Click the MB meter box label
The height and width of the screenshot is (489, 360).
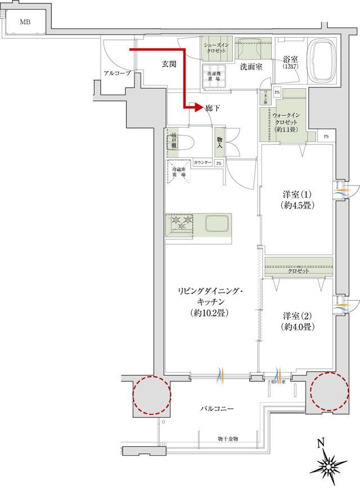25,22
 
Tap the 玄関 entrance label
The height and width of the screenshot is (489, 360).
169,65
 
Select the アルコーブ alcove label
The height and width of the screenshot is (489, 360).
118,74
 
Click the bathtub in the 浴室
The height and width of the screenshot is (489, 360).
322,61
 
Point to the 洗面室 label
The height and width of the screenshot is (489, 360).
251,67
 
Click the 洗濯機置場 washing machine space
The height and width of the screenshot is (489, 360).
215,77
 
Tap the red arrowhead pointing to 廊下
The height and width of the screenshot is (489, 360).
197,107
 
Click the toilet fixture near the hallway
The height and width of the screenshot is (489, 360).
181,143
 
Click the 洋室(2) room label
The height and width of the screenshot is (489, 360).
298,320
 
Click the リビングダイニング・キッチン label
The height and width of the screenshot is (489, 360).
209,301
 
